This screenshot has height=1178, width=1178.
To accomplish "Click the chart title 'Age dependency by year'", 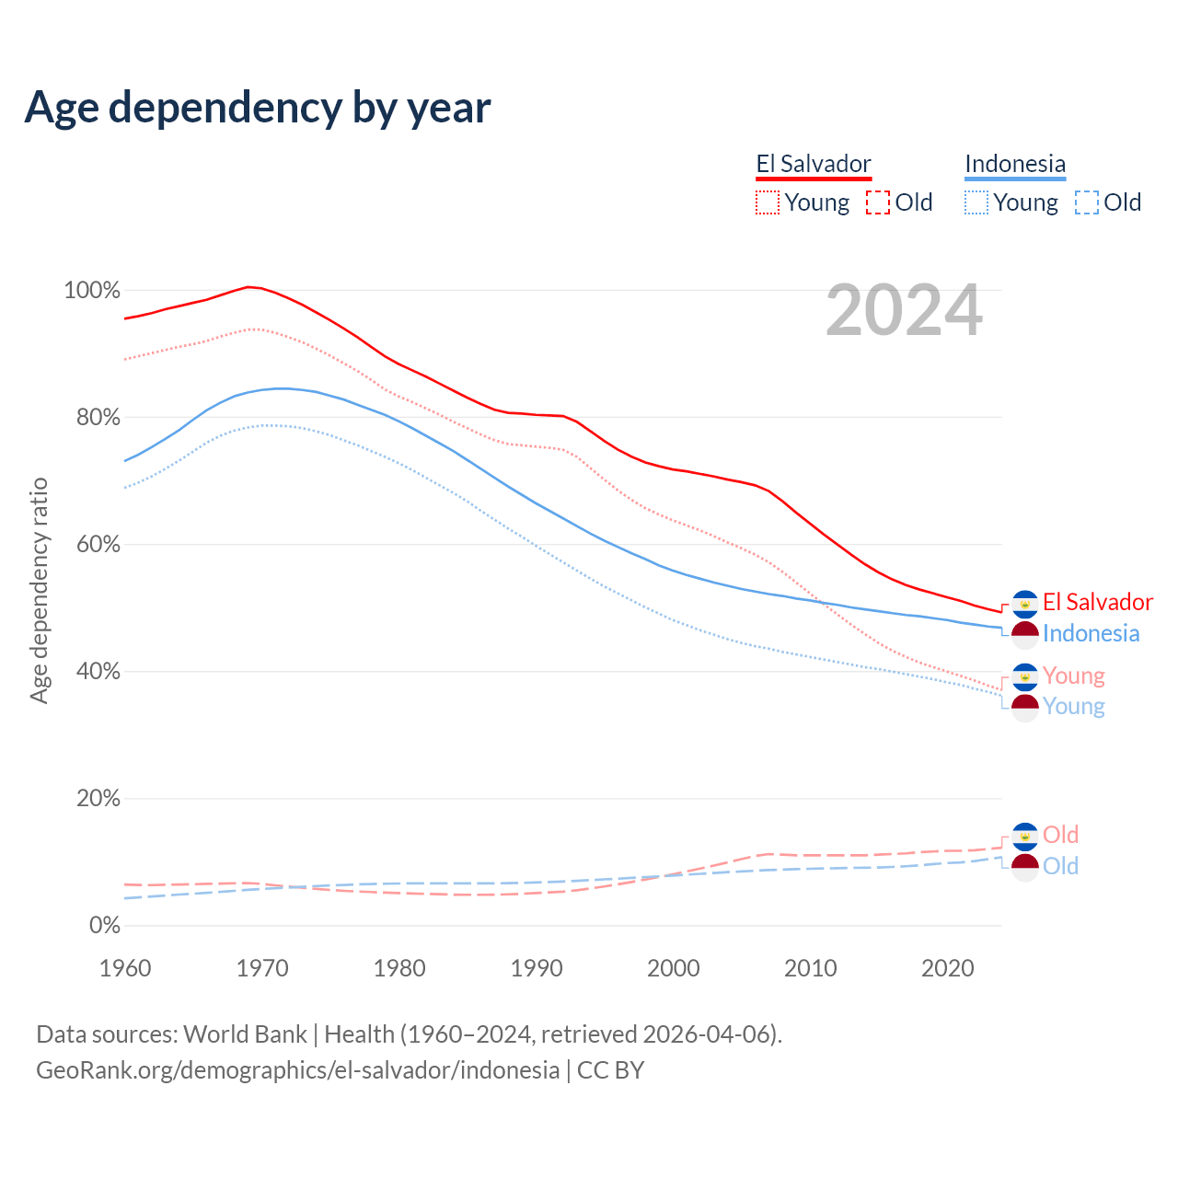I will coord(258,108).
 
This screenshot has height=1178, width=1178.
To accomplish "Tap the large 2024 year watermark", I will coord(904,311).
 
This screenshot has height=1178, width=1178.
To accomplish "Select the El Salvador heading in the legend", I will coord(814,164).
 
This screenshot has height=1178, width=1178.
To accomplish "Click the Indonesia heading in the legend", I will coord(1015,164).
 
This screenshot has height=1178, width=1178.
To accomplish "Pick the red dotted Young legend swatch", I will coord(768,202).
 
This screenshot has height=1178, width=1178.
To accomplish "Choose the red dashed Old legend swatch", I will coord(878,202).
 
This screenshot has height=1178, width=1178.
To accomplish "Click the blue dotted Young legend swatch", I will coord(976,202).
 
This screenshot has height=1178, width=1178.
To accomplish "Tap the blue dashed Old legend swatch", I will coord(1087,202).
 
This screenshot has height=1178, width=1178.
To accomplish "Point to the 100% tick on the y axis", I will coord(92,291).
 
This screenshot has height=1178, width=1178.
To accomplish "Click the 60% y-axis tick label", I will coord(98,545).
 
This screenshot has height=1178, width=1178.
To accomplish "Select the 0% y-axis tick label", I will coord(105,926).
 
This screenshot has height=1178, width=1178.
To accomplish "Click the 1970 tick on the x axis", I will coord(262,968).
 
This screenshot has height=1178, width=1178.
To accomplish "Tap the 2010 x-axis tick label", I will coord(811,968).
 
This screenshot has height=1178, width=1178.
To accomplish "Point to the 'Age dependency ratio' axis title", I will coord(39,590).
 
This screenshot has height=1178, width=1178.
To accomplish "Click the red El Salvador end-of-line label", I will coord(1097,603).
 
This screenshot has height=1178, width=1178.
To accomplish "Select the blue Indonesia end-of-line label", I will coord(1091,634).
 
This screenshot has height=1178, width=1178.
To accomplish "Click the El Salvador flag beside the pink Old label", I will coord(1025,836).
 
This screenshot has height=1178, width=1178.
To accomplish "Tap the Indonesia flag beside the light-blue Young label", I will coord(1025,708).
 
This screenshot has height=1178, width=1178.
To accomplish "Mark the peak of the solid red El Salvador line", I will coord(248,287).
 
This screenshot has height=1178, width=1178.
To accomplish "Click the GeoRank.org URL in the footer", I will coord(297,1070).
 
